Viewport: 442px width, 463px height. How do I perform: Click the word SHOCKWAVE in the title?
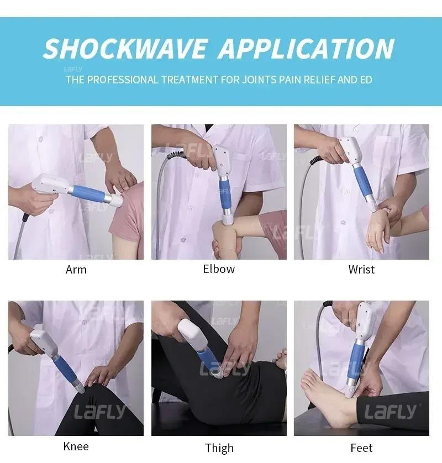126,49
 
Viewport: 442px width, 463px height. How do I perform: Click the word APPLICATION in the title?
306,49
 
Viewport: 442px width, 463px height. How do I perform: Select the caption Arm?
76,270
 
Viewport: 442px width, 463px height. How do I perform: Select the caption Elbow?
219,269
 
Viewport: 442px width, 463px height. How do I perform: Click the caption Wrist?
361,270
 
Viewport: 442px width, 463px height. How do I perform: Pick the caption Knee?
76,446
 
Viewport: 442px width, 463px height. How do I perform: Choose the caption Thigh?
219,448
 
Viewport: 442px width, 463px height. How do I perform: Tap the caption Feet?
361,448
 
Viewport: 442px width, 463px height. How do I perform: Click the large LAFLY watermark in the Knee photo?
100,412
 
